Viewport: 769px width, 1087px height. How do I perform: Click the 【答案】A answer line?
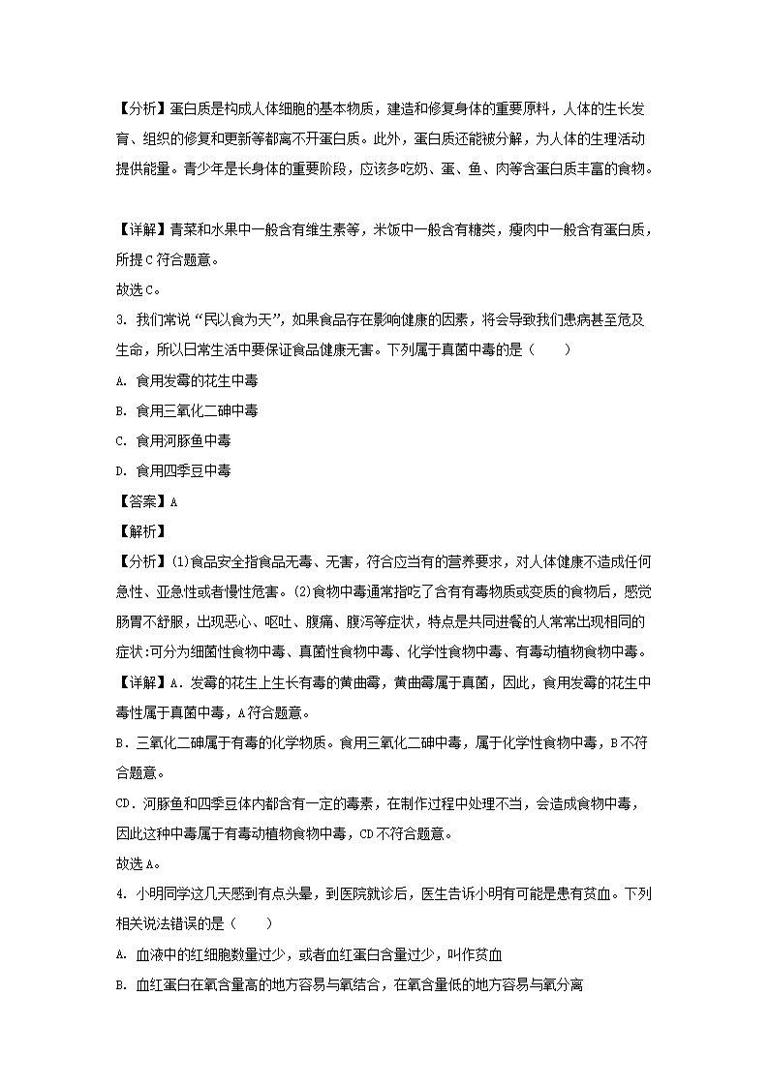pos(146,501)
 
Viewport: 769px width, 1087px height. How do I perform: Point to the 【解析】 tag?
pos(140,531)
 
